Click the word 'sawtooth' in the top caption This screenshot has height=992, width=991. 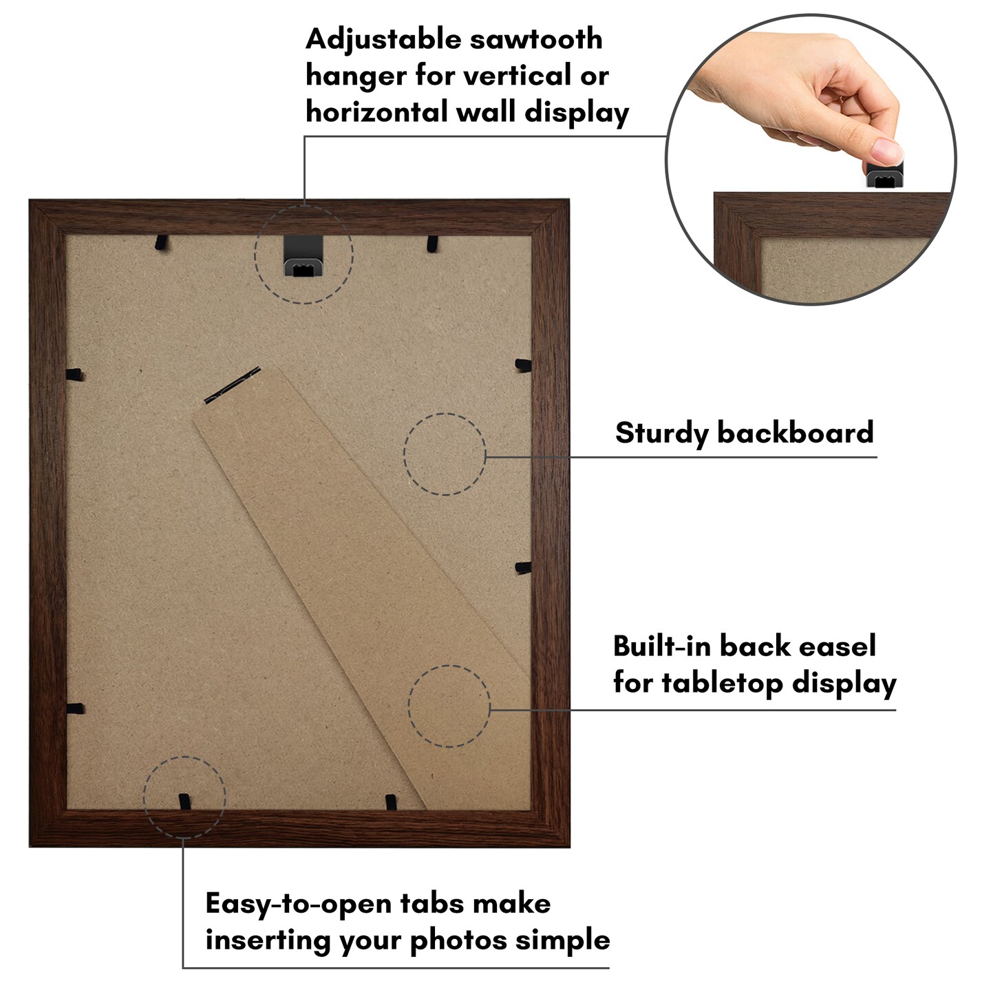(x=535, y=39)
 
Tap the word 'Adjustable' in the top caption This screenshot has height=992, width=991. (x=383, y=41)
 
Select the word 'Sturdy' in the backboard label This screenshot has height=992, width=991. (x=661, y=434)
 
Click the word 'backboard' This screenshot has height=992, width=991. (x=795, y=432)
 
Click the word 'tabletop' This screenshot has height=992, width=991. (x=723, y=683)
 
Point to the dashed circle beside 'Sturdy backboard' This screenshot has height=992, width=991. (x=445, y=454)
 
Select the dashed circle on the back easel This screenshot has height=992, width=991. (x=449, y=706)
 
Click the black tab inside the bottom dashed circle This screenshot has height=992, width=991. (x=184, y=801)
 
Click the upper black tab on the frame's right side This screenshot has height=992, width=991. (x=522, y=364)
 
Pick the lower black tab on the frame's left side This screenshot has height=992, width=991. (x=75, y=708)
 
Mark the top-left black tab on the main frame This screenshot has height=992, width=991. (x=162, y=242)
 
